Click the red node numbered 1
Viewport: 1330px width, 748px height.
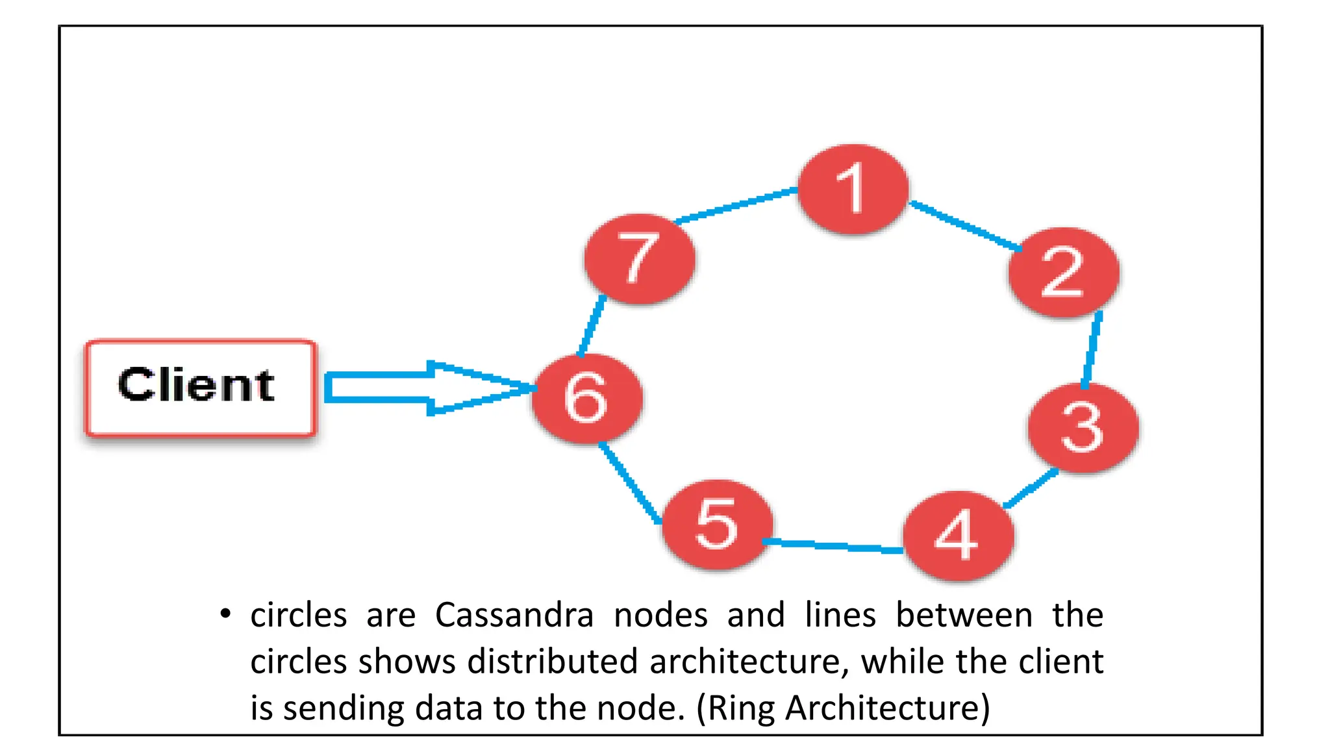(x=852, y=189)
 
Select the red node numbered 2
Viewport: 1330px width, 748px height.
(x=1064, y=272)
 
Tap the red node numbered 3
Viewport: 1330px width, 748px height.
(x=1083, y=428)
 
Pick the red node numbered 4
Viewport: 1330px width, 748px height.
(x=958, y=536)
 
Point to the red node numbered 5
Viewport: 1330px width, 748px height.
(x=717, y=525)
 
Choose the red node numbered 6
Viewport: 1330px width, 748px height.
(x=587, y=399)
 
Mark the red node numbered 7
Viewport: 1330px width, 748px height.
(x=639, y=258)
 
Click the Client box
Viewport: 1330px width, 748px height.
(x=200, y=388)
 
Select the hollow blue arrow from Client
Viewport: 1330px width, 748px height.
(x=416, y=388)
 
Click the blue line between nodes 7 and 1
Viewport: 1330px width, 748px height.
(x=736, y=206)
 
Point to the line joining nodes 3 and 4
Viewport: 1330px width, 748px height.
(x=1031, y=488)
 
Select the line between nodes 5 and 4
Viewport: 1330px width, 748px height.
(x=833, y=545)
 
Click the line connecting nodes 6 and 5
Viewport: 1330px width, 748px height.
(x=629, y=482)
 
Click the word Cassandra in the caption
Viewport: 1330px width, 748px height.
(x=514, y=615)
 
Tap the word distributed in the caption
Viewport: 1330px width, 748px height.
(x=552, y=662)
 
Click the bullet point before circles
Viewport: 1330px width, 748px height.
(x=225, y=614)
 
